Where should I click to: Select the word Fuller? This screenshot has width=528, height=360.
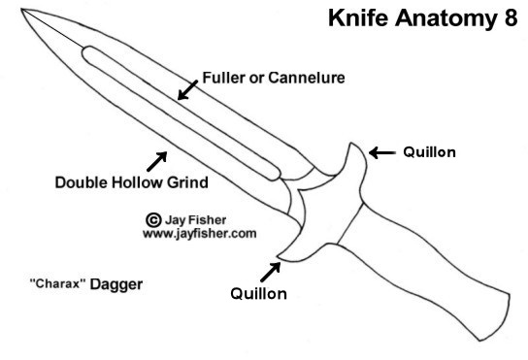[221, 77]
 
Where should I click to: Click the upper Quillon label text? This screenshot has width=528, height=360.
[429, 152]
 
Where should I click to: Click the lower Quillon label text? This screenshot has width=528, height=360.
[258, 293]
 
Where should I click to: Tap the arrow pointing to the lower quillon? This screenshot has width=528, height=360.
[267, 268]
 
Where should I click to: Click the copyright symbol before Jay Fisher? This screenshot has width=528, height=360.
[152, 220]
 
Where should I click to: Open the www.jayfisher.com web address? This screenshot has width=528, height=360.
[199, 234]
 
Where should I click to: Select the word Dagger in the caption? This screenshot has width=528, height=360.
[116, 285]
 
